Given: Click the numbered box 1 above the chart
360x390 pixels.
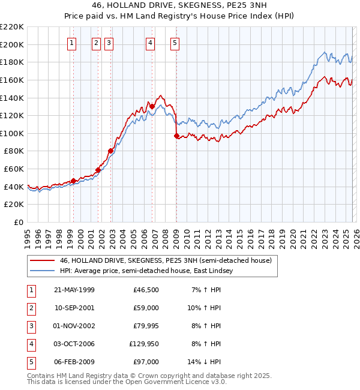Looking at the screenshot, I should (71, 43).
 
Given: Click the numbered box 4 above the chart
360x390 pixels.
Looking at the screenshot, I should (149, 43).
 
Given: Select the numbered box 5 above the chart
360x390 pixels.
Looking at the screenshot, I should (175, 43).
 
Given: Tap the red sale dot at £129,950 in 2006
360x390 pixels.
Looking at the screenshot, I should (152, 107).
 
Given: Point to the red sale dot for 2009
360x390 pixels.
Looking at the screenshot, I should (176, 136).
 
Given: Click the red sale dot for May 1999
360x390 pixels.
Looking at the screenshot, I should (74, 181).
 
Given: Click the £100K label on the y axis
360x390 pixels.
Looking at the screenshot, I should (13, 133).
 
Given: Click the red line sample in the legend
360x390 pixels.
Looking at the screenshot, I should (42, 260).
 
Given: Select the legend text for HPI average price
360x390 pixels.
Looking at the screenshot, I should (145, 271).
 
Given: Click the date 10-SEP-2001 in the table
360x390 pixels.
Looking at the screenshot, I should (74, 308).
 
